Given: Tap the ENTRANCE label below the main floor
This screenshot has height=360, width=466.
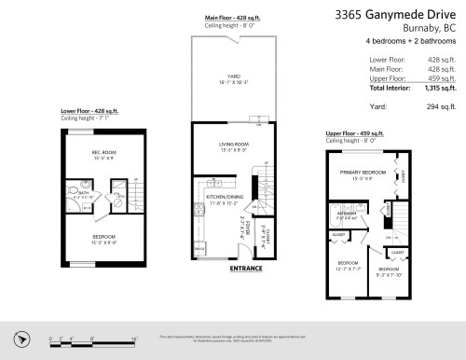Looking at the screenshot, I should coord(245,269).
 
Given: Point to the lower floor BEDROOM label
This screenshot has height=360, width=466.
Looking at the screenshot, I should coord(103,237).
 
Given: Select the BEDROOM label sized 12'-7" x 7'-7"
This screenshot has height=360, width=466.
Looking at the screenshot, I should coord(347,262).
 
